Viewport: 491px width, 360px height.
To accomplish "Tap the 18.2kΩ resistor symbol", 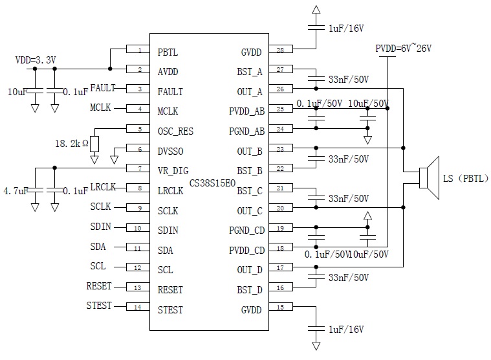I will tap(94, 143).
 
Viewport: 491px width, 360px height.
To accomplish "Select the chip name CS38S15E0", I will tap(213, 185).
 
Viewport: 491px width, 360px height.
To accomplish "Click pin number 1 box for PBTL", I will tap(138, 50).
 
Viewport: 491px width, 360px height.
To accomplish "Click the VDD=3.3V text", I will tap(36, 60).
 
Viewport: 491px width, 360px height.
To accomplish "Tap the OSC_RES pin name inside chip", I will tap(175, 131).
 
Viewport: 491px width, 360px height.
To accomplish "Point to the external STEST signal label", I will tap(99, 306).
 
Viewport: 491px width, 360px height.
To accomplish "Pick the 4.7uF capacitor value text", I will tap(16, 191).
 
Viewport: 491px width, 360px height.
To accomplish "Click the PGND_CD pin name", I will tap(246, 230).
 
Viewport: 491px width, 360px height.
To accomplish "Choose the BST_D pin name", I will tap(250, 289).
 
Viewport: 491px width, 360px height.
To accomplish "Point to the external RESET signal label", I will tap(99, 286).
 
